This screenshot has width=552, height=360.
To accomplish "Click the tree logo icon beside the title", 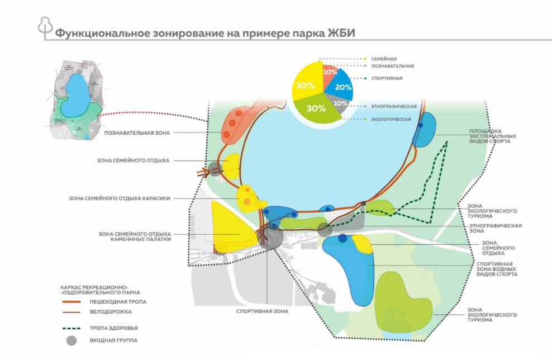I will [44, 27].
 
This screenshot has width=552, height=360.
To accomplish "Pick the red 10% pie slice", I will [330, 72].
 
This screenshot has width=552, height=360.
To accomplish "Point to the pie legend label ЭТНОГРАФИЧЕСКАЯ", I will [394, 106].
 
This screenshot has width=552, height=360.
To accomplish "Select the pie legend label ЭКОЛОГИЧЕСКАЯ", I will [391, 119].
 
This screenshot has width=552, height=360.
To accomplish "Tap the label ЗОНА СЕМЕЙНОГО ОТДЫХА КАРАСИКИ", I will [119, 198].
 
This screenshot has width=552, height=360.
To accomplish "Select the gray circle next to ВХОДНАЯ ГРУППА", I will [70, 340].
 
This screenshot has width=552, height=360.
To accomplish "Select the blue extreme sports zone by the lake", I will [425, 130].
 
